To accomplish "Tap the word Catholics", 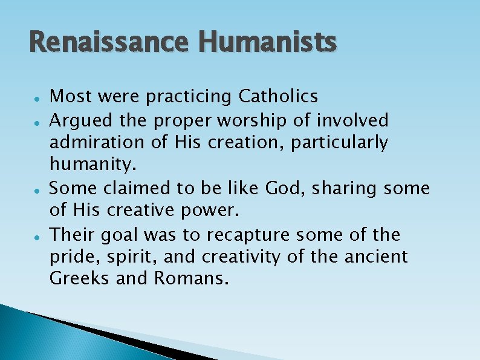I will [279, 96].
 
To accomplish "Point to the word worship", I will [258, 120].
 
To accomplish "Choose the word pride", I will [67, 257].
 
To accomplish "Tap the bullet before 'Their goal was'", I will [37, 235].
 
